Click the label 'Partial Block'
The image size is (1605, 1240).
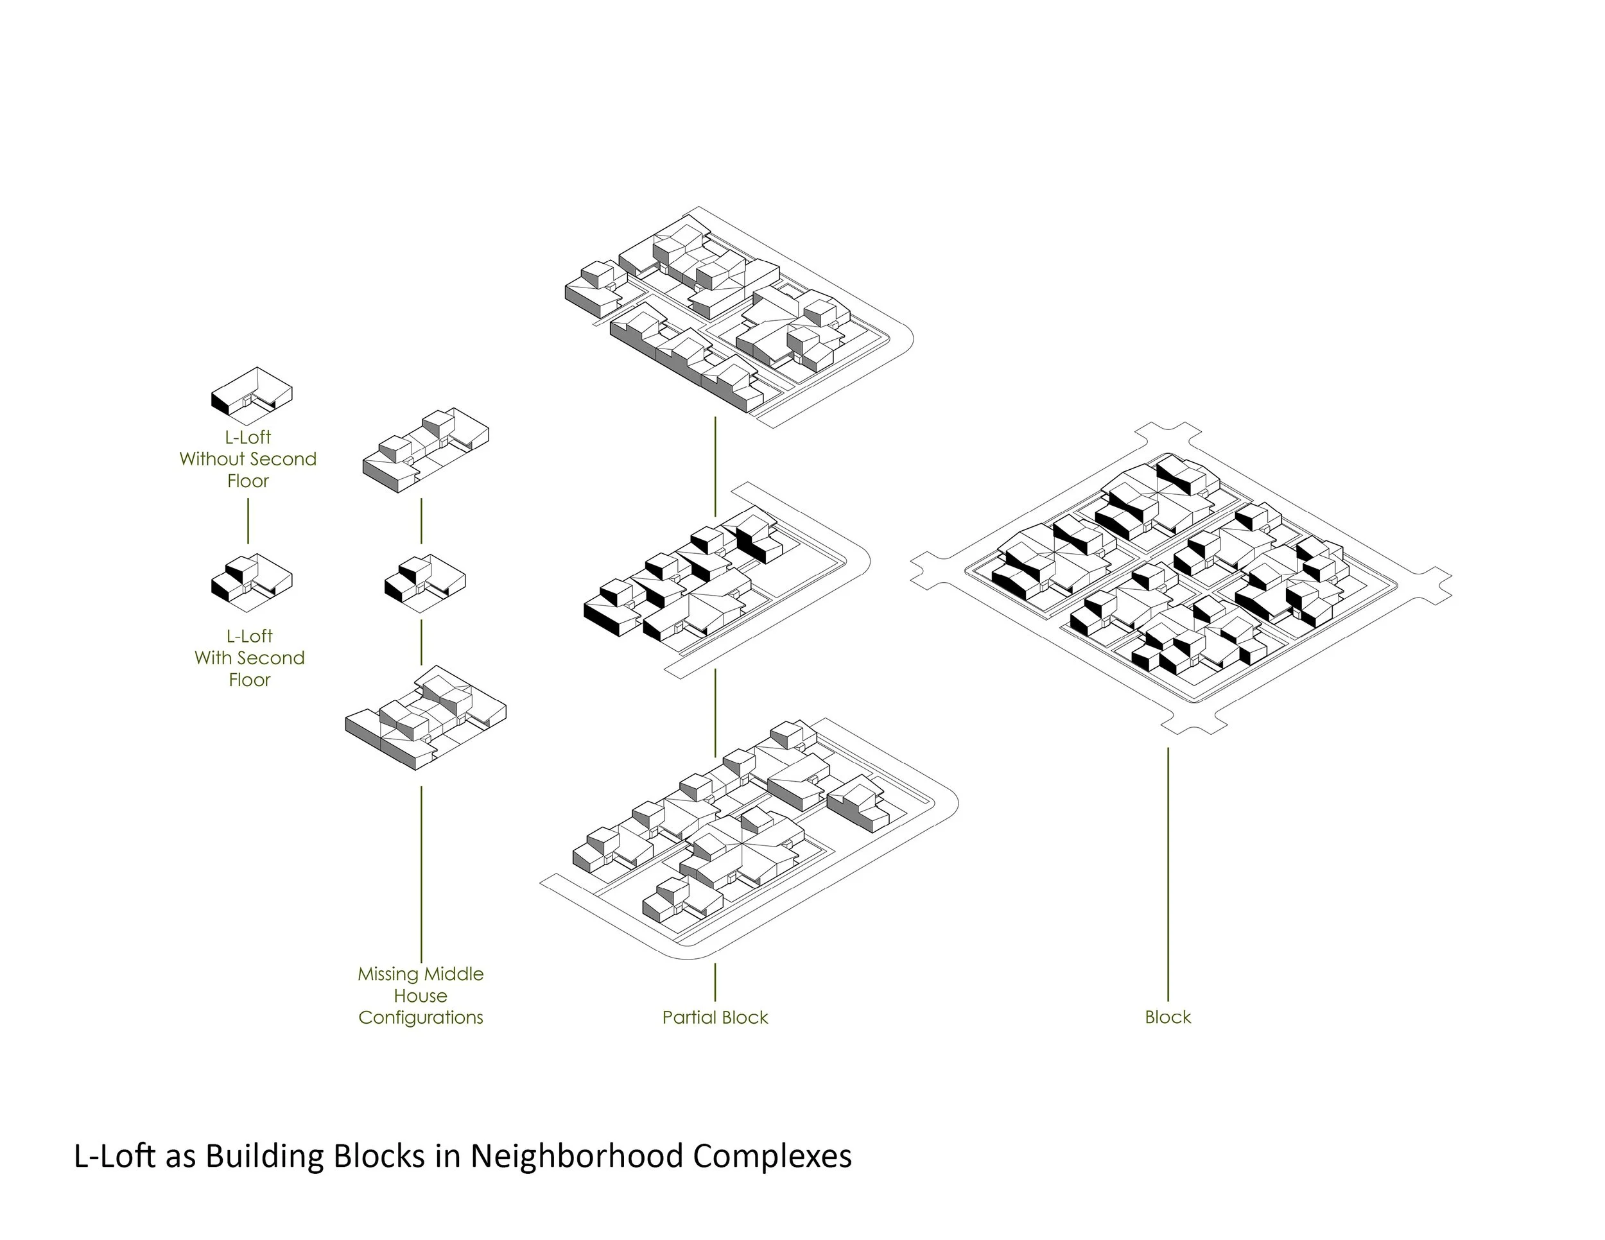[715, 1017]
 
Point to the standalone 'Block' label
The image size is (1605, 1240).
[1168, 1017]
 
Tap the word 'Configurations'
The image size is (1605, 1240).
[421, 1017]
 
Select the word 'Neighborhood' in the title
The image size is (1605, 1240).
[577, 1155]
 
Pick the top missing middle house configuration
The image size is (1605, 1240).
[425, 449]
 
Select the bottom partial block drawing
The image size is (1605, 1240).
[750, 838]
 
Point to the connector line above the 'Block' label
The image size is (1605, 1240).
[1168, 874]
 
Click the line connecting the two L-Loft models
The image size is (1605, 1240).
[248, 521]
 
